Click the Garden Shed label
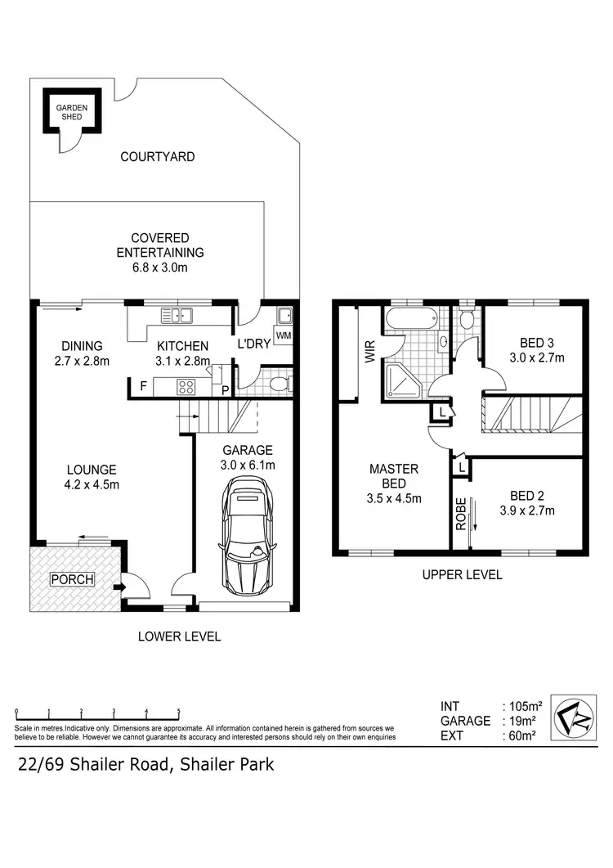tap(72, 112)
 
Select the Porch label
tap(73, 579)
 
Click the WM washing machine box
tap(284, 335)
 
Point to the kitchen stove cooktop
tap(186, 386)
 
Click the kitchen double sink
tap(177, 316)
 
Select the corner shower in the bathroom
tap(402, 381)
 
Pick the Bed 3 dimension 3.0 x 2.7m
tap(537, 358)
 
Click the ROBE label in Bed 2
tap(461, 515)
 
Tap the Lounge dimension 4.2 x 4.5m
tap(92, 484)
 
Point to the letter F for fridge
tap(143, 386)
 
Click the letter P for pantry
tap(226, 390)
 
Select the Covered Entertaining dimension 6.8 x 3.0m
tap(160, 268)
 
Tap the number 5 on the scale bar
tap(179, 710)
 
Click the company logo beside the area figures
tap(573, 717)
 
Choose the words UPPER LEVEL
tap(462, 574)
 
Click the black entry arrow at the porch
tap(118, 587)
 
